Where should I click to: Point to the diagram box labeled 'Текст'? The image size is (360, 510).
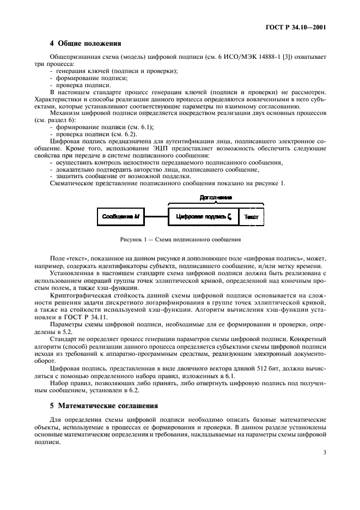251,217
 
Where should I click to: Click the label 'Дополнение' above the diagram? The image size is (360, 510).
216,197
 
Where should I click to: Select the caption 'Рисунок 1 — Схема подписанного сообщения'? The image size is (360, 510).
181,239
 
